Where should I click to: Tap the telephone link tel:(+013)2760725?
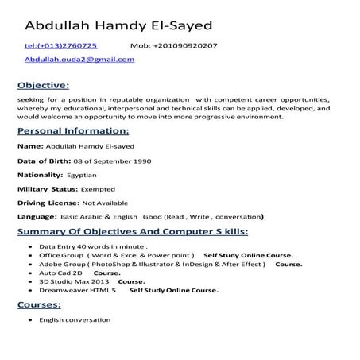tap(61, 46)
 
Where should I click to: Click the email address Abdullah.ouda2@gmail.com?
tap(79, 60)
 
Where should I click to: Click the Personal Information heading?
tap(68, 131)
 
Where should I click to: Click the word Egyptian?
tap(82, 175)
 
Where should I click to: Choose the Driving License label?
tap(43, 203)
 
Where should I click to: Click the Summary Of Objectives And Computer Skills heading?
tap(132, 232)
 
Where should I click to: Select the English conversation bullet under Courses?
tap(75, 319)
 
